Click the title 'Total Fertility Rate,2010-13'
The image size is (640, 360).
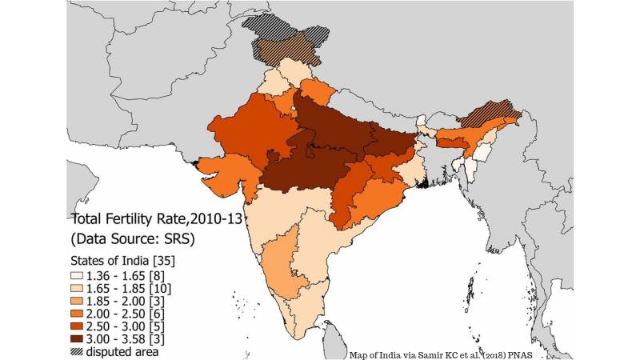pyautogui.click(x=153, y=218)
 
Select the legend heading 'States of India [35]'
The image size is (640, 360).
pyautogui.click(x=123, y=259)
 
